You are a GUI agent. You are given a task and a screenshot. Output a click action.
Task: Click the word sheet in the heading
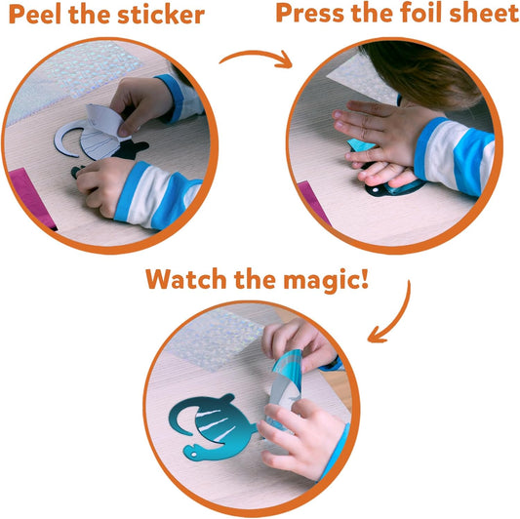pos(484,14)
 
